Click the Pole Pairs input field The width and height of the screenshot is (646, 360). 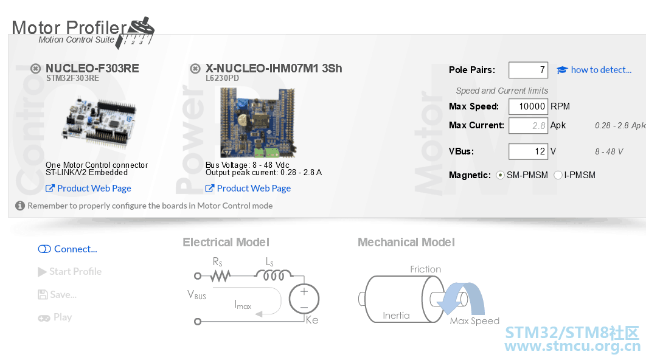pyautogui.click(x=528, y=70)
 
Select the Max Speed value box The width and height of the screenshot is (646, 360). pyautogui.click(x=528, y=106)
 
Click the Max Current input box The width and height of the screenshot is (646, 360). pyautogui.click(x=528, y=126)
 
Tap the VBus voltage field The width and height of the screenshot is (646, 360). pyautogui.click(x=528, y=151)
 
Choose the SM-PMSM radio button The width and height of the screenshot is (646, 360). pyautogui.click(x=500, y=175)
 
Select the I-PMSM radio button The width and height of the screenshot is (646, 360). pyautogui.click(x=558, y=175)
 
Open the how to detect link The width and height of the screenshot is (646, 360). pyautogui.click(x=594, y=70)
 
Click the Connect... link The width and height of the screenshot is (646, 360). pyautogui.click(x=68, y=249)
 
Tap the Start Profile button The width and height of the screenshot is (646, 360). pyautogui.click(x=69, y=271)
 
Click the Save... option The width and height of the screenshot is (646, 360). pyautogui.click(x=57, y=294)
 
